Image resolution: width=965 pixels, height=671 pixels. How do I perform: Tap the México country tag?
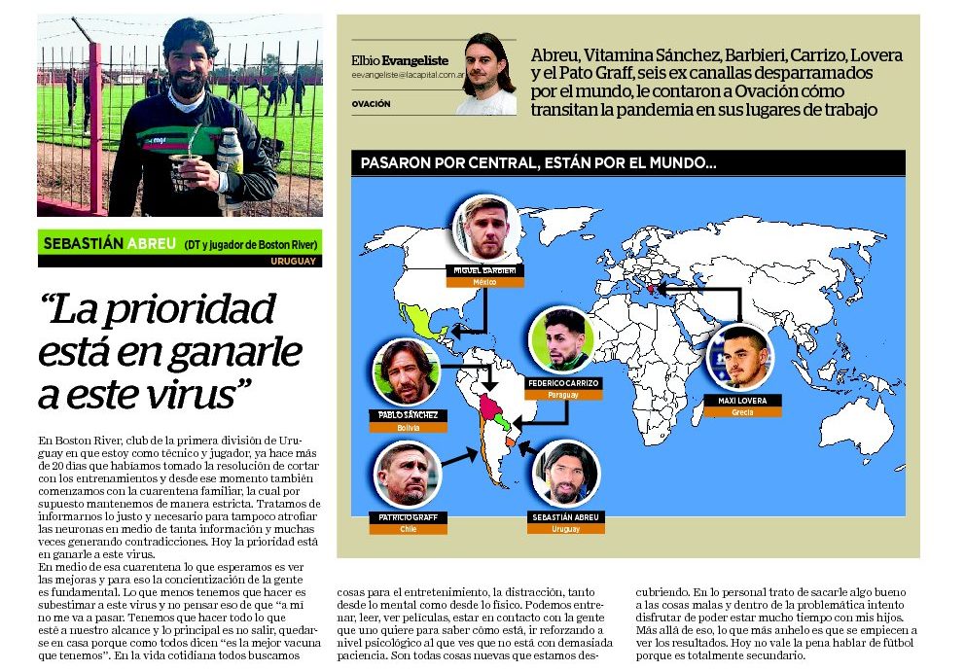[484, 282]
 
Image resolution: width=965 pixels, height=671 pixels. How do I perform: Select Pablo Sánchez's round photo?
[407, 372]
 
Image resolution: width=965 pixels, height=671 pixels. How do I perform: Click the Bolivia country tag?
[409, 426]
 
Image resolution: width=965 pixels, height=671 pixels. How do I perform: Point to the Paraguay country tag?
[562, 395]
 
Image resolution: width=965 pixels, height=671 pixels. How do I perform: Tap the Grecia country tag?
[742, 412]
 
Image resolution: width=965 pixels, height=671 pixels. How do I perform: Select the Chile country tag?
[409, 529]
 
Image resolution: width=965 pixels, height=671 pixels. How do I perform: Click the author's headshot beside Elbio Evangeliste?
[486, 73]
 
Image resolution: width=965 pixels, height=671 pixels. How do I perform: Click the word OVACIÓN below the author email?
[371, 103]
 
